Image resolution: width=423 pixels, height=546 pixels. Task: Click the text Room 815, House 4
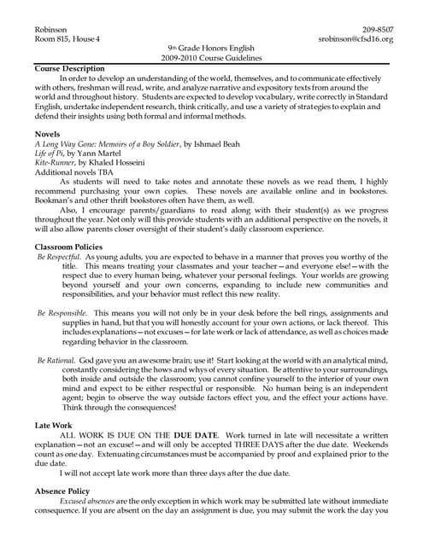pyautogui.click(x=68, y=39)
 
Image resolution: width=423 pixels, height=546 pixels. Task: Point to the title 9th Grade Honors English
pyautogui.click(x=211, y=49)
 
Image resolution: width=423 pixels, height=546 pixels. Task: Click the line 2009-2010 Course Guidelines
pyautogui.click(x=211, y=58)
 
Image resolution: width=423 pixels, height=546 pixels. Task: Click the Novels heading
pyautogui.click(x=48, y=135)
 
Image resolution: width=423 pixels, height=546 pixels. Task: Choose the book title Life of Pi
pyautogui.click(x=53, y=154)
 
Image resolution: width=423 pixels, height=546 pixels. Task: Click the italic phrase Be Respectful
pyautogui.click(x=58, y=257)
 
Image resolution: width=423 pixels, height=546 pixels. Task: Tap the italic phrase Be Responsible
pyautogui.click(x=62, y=314)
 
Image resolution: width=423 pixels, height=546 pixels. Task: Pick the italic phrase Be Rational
pyautogui.click(x=56, y=362)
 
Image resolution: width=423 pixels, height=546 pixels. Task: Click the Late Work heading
pyautogui.click(x=54, y=424)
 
